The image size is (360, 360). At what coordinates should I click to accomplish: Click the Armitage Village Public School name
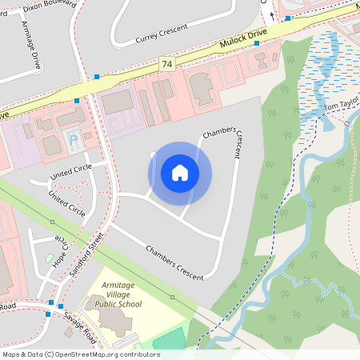click(118, 294)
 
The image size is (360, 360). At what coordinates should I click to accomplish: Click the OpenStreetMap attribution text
click(80, 354)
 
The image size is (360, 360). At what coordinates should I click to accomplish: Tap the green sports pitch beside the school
click(169, 339)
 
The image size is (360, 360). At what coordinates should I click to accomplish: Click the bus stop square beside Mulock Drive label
click(257, 44)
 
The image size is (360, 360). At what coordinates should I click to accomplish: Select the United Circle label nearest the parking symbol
click(70, 170)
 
